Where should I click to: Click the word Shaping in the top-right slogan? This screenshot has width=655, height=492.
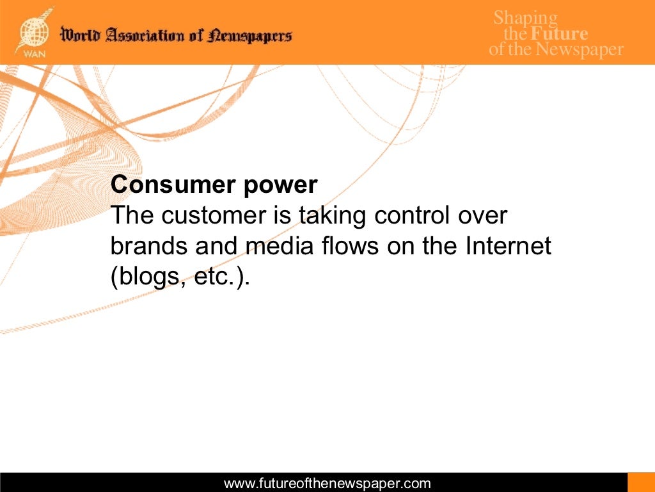click(x=525, y=18)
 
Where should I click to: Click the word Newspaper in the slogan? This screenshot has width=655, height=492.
click(x=580, y=49)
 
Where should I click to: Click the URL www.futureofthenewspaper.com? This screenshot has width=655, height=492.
click(x=327, y=484)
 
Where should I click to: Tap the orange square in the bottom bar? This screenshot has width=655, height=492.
click(x=641, y=482)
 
